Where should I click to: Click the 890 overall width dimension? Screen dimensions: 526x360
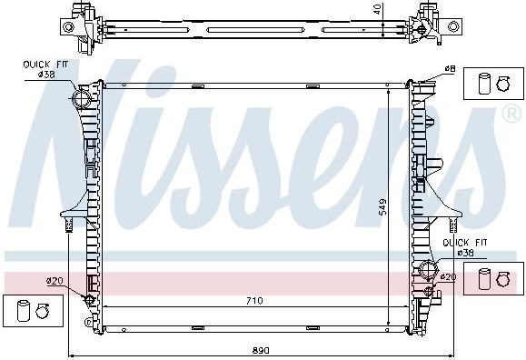point(261,350)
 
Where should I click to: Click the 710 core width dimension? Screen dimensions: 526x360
point(254,301)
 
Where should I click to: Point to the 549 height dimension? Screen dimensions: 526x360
point(382,206)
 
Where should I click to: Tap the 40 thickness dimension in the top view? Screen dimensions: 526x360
point(377,9)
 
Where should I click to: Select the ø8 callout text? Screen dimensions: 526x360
point(450,68)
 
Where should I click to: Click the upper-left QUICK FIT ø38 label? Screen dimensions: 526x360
point(45,69)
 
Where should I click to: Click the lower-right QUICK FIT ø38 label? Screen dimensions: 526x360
point(465,247)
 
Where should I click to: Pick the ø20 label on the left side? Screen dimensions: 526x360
point(55,280)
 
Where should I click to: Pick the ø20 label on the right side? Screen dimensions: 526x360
point(448,276)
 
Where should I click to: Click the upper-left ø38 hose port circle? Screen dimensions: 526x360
point(82,98)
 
